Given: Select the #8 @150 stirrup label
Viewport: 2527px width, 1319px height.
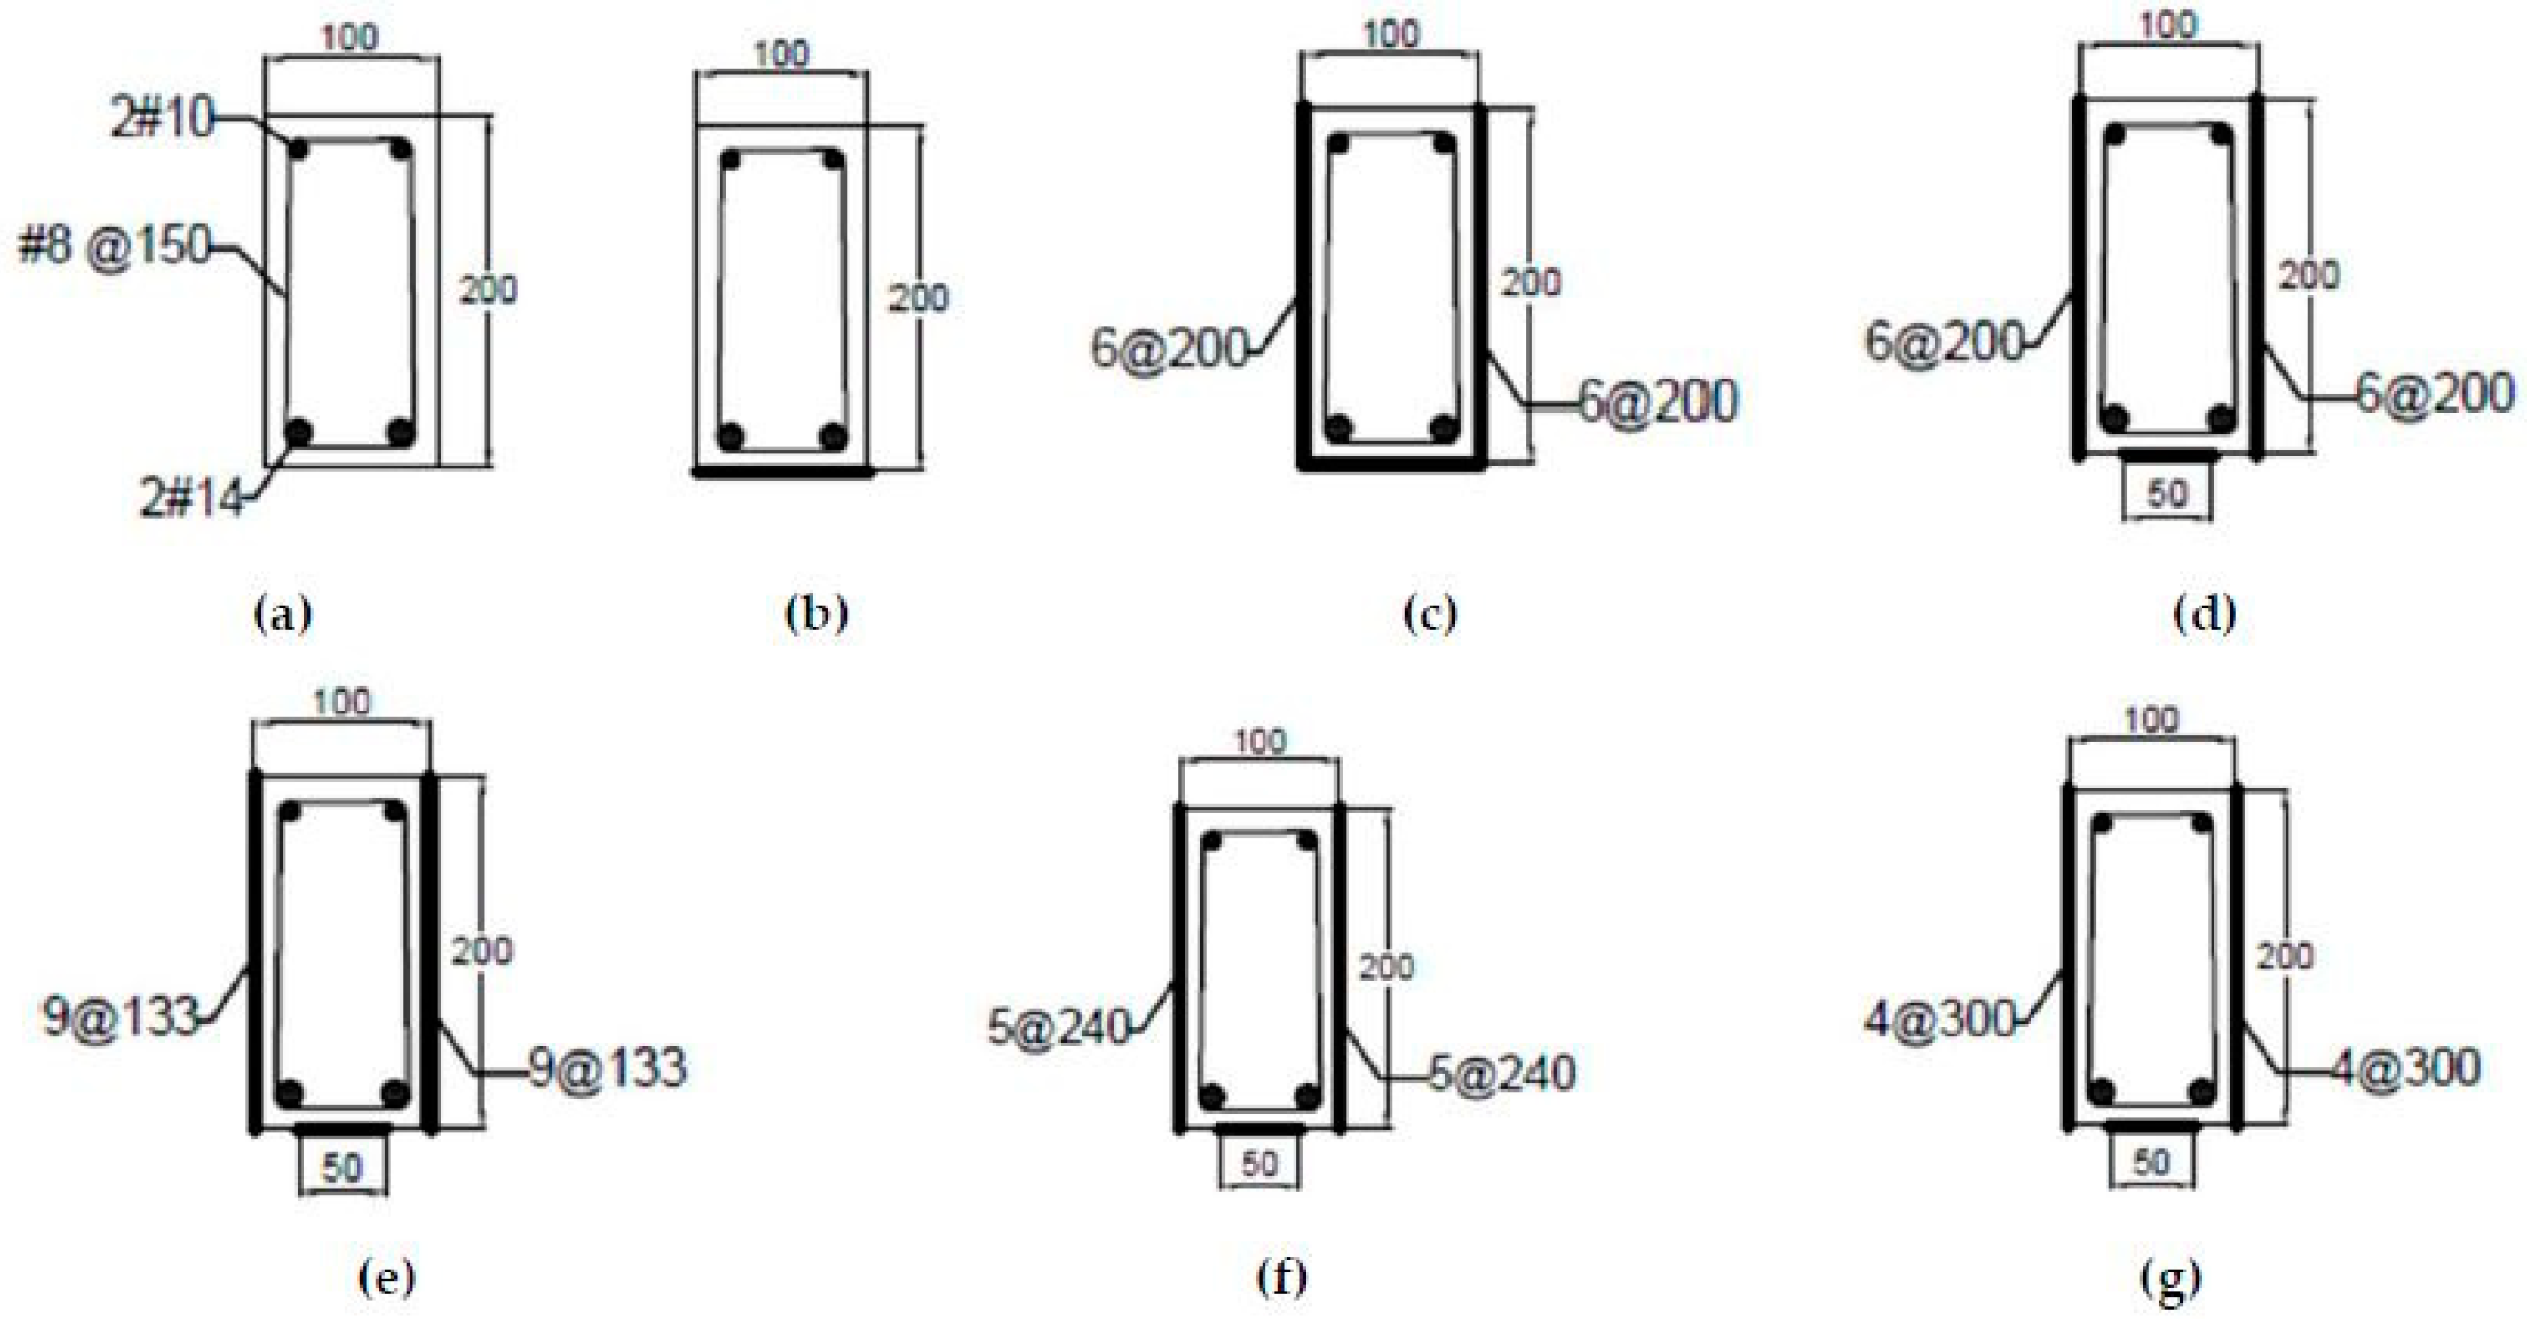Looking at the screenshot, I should (x=115, y=245).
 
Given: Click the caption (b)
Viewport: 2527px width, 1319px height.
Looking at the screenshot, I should (x=816, y=615).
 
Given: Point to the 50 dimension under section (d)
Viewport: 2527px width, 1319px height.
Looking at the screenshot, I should (x=2167, y=494).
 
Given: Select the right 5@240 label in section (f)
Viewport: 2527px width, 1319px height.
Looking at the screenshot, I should (x=1501, y=1073).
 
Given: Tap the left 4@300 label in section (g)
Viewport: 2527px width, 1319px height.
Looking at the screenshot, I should (x=1939, y=1020).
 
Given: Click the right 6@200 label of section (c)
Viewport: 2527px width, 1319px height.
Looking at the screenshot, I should (x=1658, y=402).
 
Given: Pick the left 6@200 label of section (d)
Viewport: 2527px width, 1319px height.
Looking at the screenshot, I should (x=1944, y=342).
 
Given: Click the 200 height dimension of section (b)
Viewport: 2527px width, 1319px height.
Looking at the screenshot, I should (x=918, y=298).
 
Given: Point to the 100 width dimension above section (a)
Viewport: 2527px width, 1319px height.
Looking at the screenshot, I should (x=350, y=38).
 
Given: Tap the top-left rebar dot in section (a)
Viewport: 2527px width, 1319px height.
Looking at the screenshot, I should (x=299, y=150).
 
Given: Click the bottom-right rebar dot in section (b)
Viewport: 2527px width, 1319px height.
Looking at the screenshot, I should (x=833, y=435).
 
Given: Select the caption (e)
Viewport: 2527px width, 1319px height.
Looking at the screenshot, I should (x=387, y=1278).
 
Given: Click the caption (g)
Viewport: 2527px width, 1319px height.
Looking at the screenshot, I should (x=2172, y=1278).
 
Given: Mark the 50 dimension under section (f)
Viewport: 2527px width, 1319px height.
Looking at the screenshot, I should (x=1260, y=1163).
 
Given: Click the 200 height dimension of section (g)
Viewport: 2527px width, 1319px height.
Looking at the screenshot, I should (x=2285, y=955).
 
